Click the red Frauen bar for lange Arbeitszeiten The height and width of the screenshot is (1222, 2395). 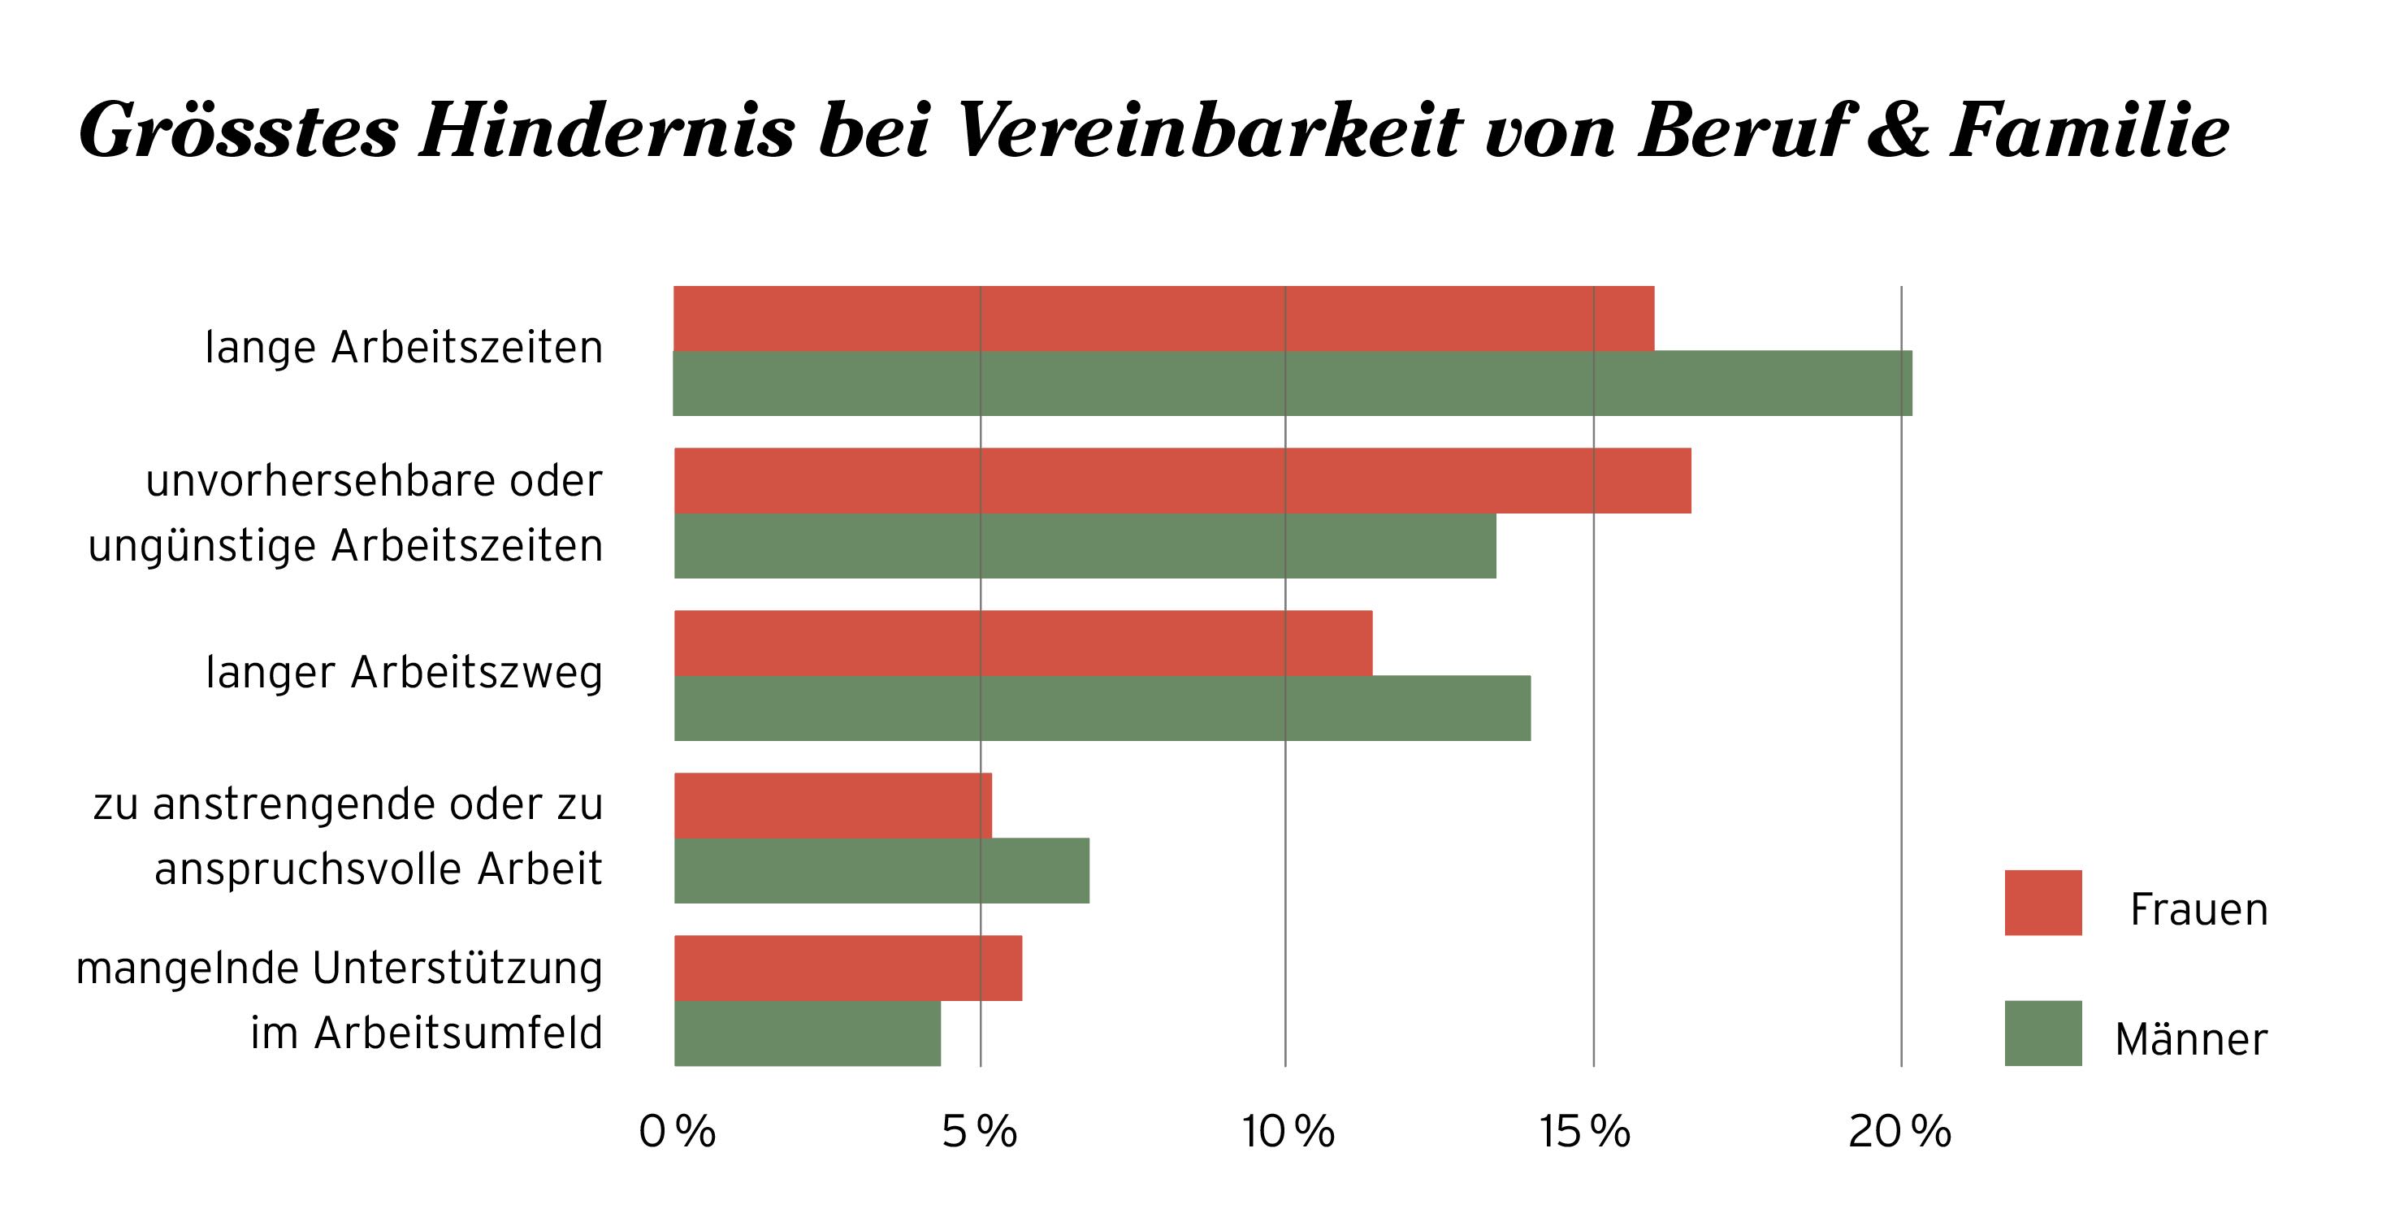pyautogui.click(x=1163, y=319)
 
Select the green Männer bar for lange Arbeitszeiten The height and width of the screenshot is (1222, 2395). pyautogui.click(x=1293, y=383)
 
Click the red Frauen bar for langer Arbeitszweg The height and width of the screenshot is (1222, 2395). pyautogui.click(x=1023, y=643)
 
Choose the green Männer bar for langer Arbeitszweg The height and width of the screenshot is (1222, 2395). pyautogui.click(x=1102, y=708)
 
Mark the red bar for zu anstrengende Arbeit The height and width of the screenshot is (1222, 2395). pyautogui.click(x=832, y=805)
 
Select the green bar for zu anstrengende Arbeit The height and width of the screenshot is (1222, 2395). pyautogui.click(x=881, y=870)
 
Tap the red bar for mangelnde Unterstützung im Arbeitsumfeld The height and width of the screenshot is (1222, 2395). pyautogui.click(x=848, y=968)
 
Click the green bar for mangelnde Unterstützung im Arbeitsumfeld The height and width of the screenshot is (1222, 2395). pyautogui.click(x=807, y=1033)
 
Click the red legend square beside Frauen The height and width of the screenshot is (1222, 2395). pyautogui.click(x=2042, y=903)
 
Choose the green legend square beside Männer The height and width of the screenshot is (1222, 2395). pyautogui.click(x=2042, y=1033)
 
